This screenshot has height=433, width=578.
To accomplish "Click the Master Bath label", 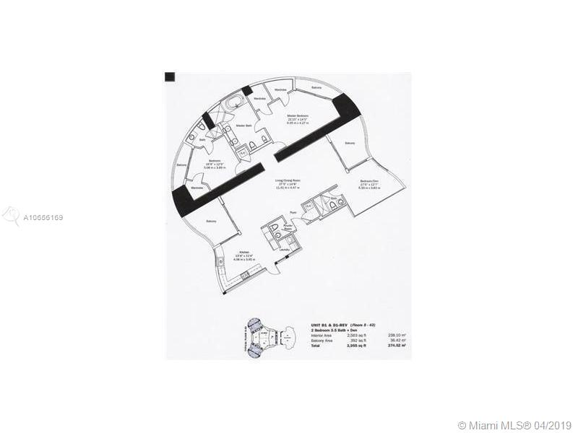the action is (243, 126).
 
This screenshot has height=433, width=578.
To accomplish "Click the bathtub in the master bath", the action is (233, 106).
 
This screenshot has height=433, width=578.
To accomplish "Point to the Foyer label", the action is (293, 213).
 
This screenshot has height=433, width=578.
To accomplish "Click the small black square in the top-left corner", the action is (170, 76).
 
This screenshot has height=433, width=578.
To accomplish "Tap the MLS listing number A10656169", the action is (43, 216).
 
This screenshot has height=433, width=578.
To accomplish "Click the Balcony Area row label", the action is (322, 341).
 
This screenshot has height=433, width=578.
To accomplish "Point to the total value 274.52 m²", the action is (394, 346).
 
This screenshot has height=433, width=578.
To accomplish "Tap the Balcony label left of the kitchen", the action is (211, 221).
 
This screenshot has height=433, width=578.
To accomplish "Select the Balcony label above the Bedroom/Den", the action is (350, 144).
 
